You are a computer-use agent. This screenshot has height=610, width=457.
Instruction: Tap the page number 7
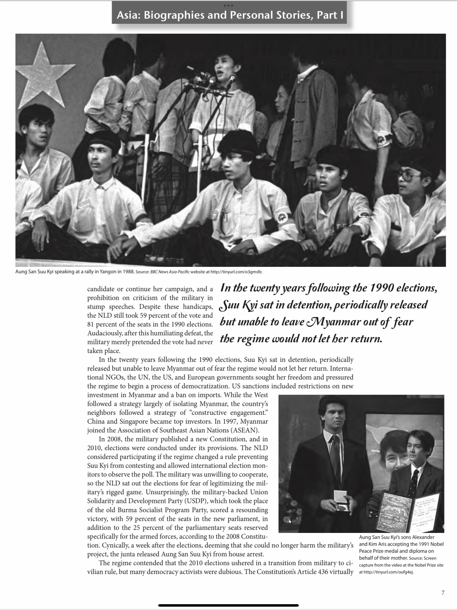443,592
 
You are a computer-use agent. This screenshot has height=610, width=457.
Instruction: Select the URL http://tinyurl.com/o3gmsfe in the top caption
236,272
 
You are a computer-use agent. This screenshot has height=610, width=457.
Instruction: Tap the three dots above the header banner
228,6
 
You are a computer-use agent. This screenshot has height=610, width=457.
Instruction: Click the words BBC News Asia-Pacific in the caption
170,272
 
